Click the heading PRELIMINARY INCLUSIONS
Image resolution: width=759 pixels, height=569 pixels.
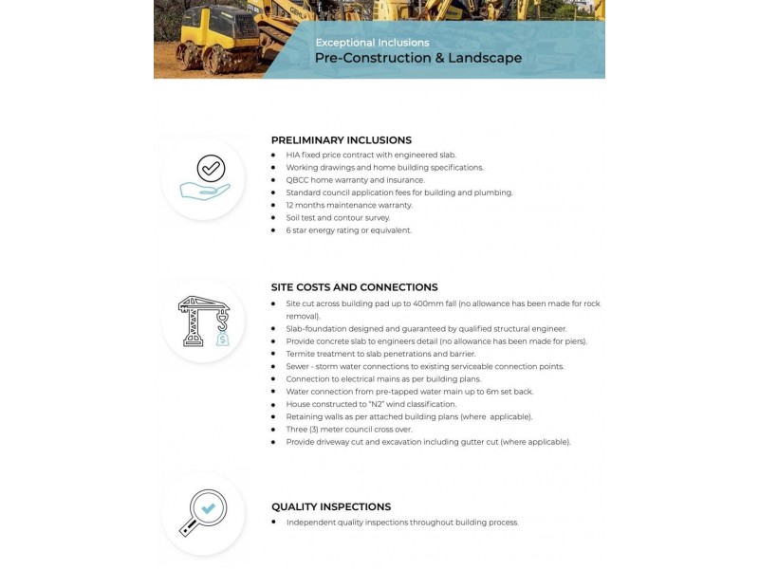click(x=341, y=139)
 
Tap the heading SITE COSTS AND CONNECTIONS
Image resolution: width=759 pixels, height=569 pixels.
click(x=354, y=286)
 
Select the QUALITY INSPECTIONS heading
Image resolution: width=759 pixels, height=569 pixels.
click(x=331, y=506)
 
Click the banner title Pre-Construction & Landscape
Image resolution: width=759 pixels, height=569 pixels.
click(x=417, y=59)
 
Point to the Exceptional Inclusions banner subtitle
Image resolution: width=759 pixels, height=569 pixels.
click(x=372, y=43)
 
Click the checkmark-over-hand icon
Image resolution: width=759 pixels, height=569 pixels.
click(x=204, y=178)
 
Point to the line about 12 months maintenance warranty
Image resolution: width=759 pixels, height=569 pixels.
click(x=349, y=205)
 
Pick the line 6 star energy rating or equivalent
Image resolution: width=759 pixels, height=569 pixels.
click(x=349, y=229)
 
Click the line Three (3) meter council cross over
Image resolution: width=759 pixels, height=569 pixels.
click(x=349, y=429)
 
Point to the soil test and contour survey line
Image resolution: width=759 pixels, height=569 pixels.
click(x=338, y=217)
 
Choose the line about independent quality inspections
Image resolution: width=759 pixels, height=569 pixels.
click(x=402, y=522)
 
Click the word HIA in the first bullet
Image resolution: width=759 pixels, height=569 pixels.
click(x=293, y=155)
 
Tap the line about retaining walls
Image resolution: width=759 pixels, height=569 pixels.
click(x=409, y=416)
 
